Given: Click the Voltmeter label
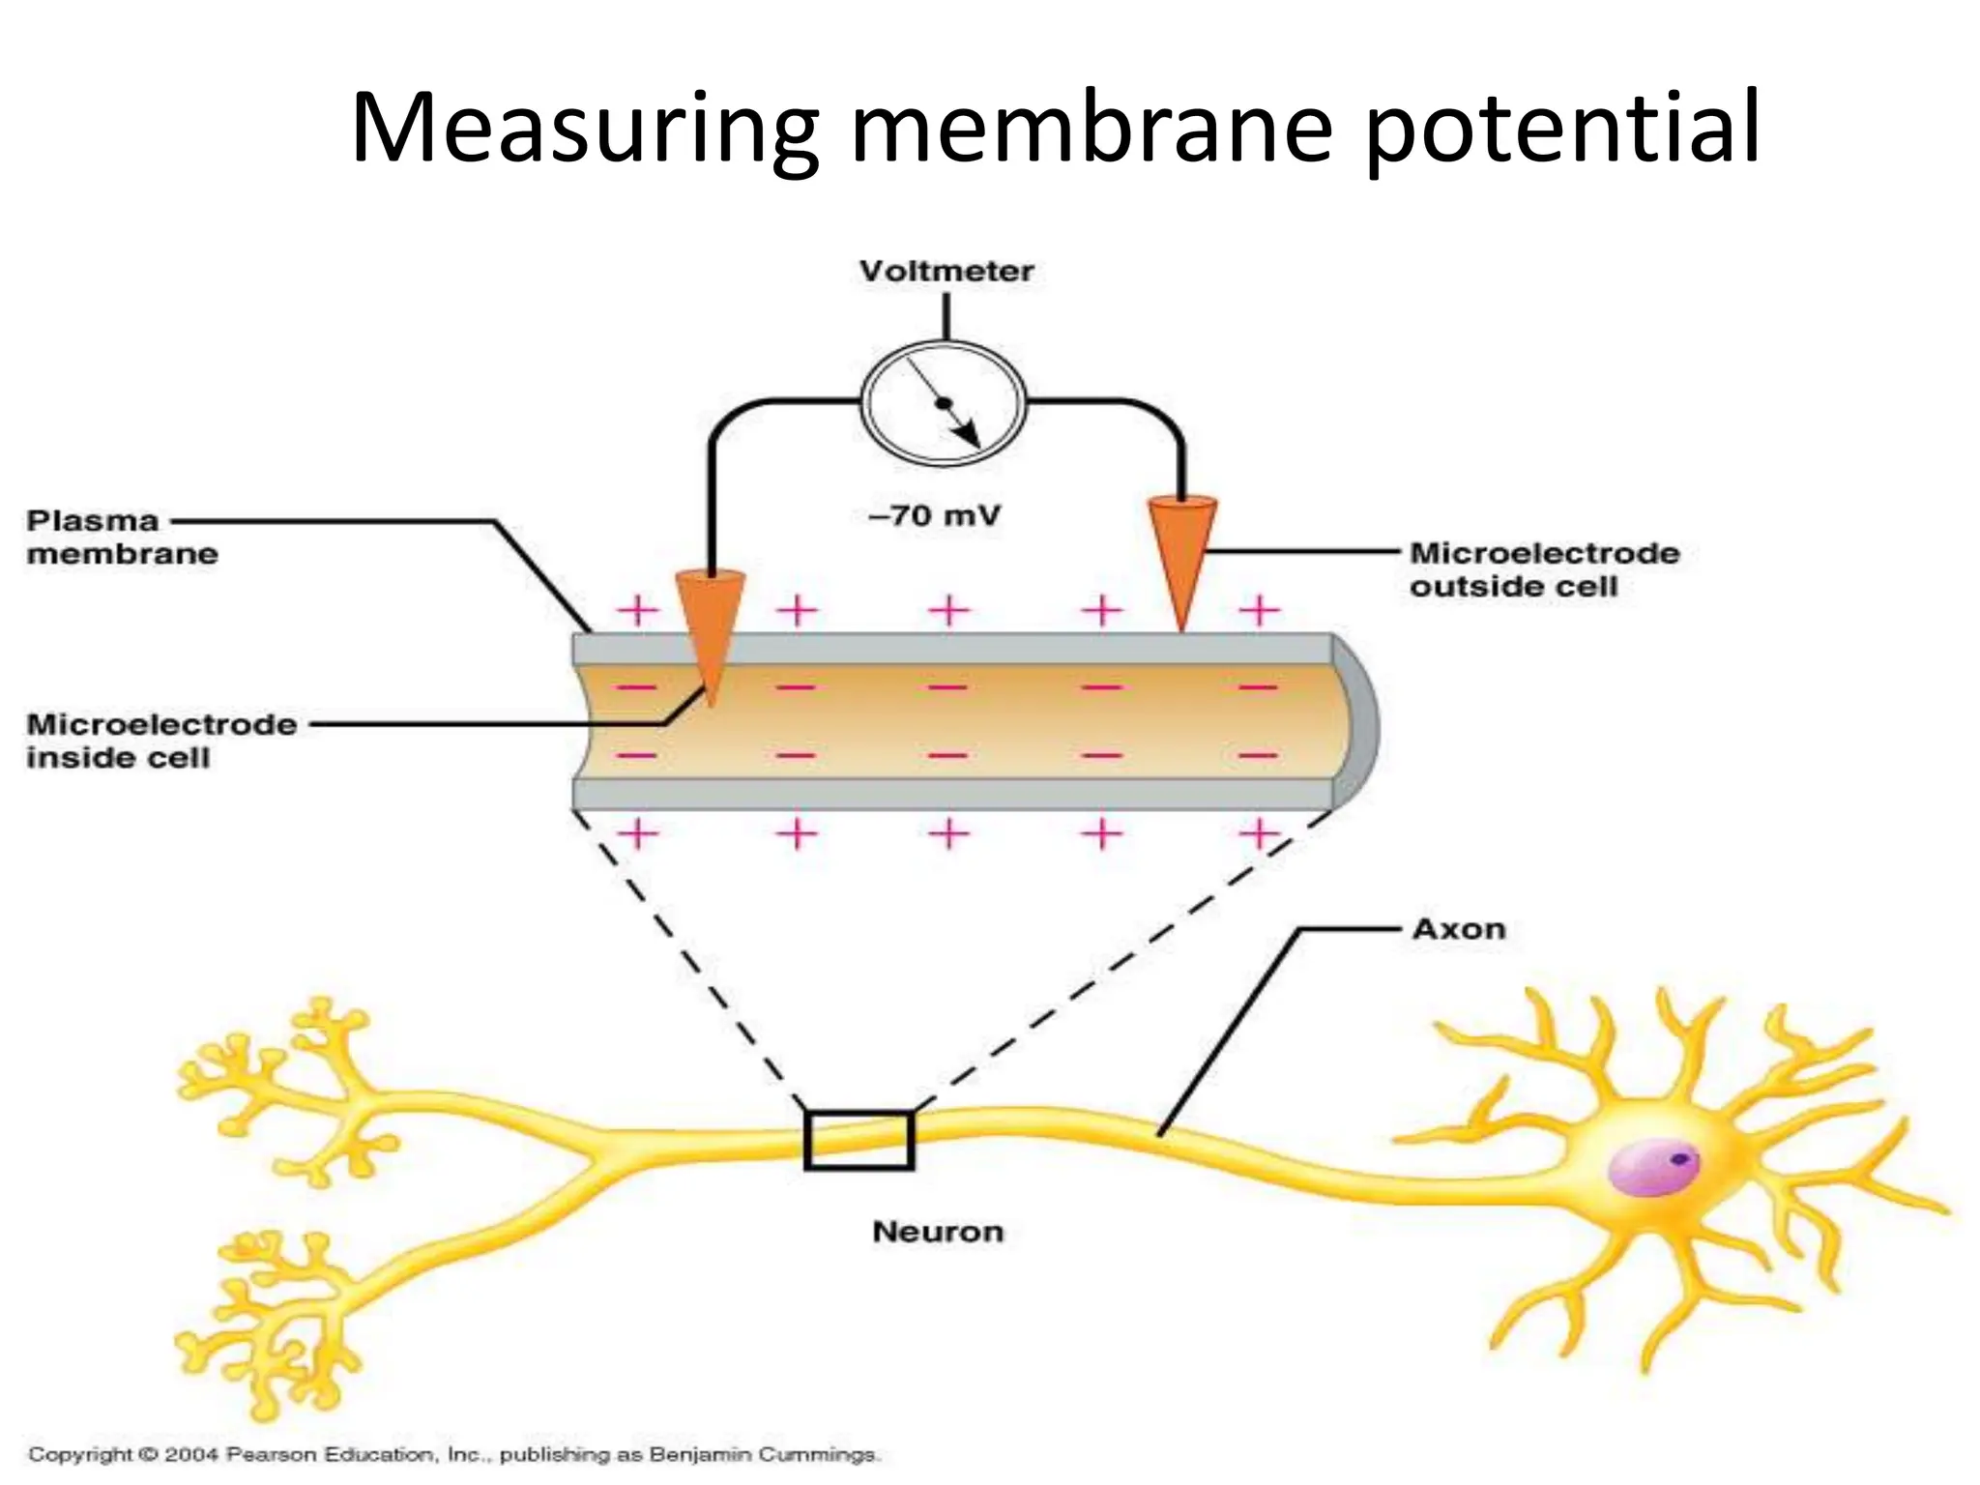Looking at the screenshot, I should [946, 272].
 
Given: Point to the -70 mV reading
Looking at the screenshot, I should [934, 515].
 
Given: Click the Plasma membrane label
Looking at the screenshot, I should [121, 538].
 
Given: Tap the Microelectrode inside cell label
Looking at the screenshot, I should [160, 741].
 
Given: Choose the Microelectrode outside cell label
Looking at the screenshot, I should [1544, 569].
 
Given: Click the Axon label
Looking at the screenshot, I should [1459, 929].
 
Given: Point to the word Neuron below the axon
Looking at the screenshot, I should [938, 1232].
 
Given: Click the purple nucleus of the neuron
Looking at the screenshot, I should [1652, 1165].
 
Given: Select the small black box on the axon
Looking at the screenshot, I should [859, 1141].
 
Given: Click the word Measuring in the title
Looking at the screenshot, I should [585, 128].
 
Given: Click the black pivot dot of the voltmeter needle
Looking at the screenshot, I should [945, 402].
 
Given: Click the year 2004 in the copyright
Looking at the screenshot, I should [193, 1454].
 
